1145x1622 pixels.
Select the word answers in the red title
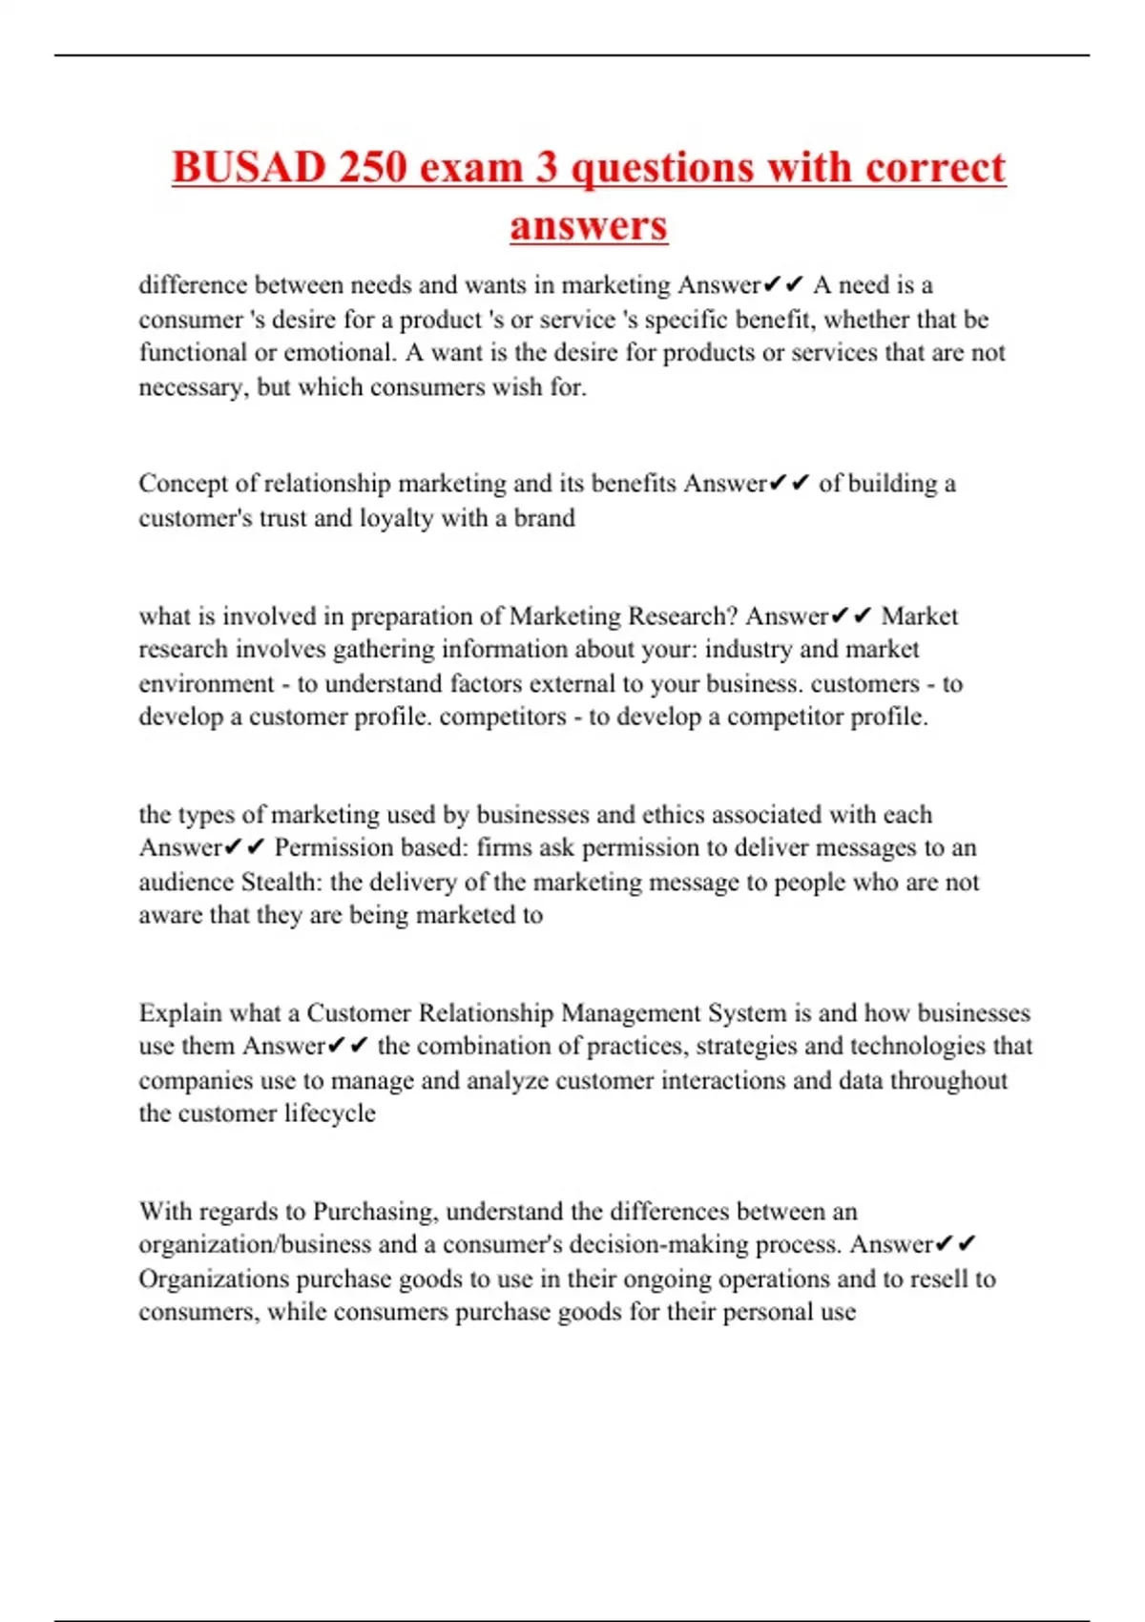pos(588,226)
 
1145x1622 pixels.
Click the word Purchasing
pos(375,1212)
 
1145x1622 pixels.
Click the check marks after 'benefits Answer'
pos(789,484)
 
